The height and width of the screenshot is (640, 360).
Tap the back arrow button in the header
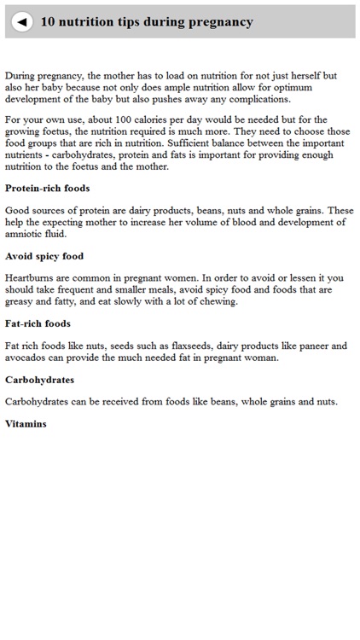coord(22,22)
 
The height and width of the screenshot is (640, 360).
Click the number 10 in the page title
coord(48,22)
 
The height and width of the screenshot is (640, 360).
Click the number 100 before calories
coord(128,119)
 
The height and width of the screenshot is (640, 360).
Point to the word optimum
coord(313,87)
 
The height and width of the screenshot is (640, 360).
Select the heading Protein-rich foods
coord(48,188)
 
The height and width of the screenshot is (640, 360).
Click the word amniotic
coord(25,233)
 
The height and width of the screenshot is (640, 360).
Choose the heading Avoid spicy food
coord(44,256)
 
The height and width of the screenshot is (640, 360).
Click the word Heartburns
coord(34,277)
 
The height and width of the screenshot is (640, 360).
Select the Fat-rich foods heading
coord(38,323)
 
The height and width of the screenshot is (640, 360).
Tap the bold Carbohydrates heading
coord(40,380)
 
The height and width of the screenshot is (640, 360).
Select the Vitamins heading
coord(26,424)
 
